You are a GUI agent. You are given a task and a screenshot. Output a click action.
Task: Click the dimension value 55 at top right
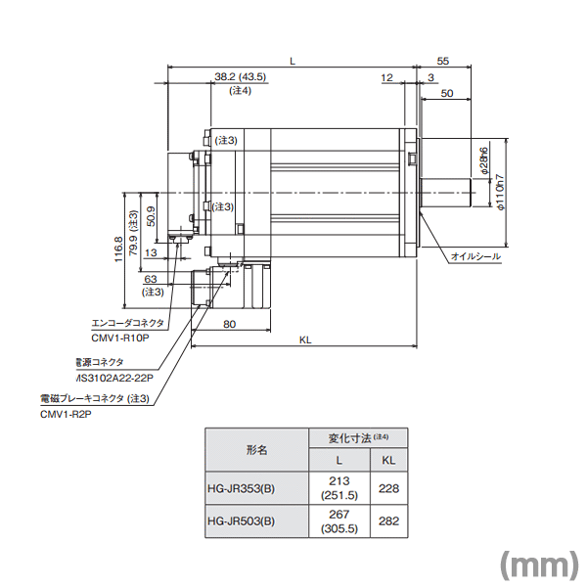[x=442, y=61]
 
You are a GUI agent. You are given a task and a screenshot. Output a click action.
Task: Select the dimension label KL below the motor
[x=305, y=339]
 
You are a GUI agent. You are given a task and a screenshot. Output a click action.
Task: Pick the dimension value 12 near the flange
[x=386, y=76]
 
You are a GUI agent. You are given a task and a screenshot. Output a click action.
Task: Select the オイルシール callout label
[x=474, y=257]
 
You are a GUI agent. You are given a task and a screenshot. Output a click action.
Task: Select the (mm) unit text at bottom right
[x=535, y=564]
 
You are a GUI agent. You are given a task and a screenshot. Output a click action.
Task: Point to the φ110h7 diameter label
[x=500, y=195]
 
